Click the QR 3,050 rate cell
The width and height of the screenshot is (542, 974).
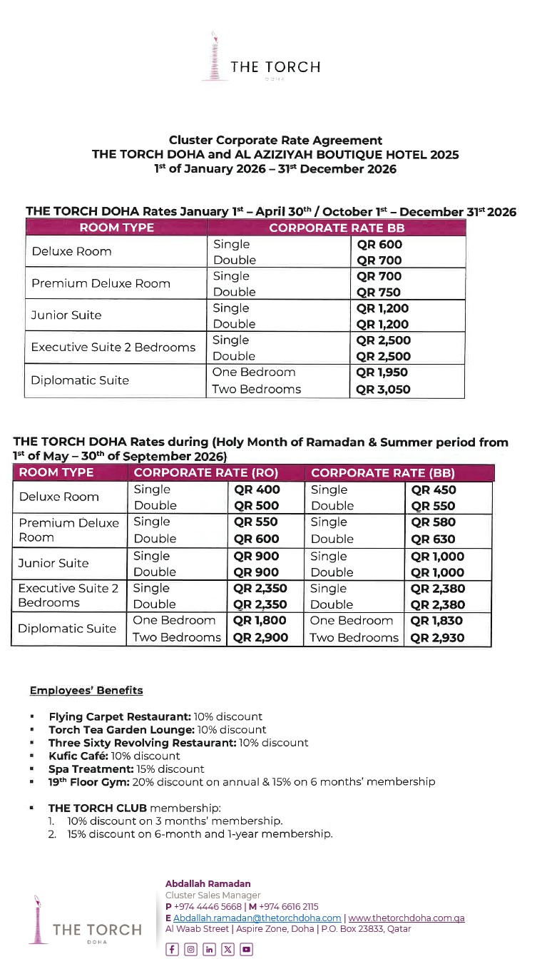point(384,390)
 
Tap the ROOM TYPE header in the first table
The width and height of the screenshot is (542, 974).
point(116,228)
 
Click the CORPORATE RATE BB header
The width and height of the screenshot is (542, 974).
point(336,228)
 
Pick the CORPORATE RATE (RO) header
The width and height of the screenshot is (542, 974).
point(206,473)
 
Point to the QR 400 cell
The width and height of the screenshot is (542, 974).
point(257,489)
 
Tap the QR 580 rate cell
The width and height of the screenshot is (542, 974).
point(433,522)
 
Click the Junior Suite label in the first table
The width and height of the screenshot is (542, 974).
point(66,315)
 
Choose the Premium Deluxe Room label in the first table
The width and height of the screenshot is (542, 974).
point(101,283)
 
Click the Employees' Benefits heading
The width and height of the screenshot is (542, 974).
point(86,691)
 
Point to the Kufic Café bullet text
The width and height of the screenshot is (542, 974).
point(114,756)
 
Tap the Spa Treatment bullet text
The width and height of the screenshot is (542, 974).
point(126,769)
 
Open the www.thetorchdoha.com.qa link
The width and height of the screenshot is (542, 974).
point(406,918)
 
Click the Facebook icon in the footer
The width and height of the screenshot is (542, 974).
point(172,950)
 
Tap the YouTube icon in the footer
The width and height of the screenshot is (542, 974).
point(246,950)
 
